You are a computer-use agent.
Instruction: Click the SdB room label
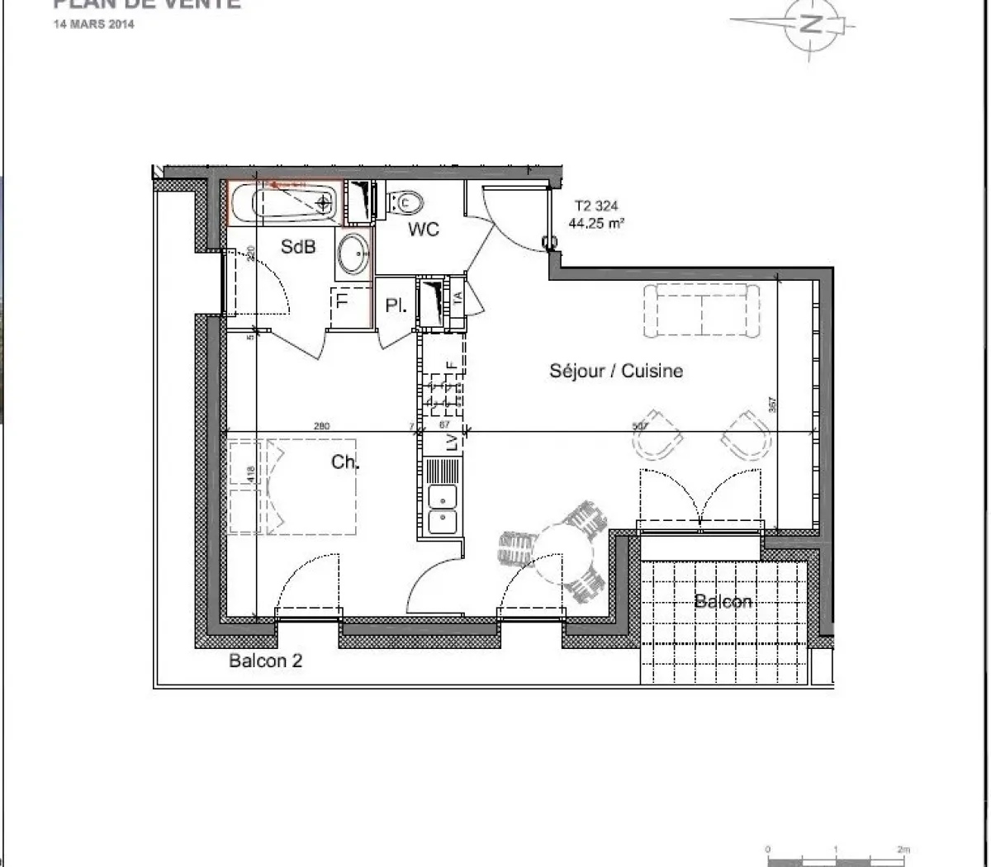[298, 246]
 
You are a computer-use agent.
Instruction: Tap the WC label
[424, 230]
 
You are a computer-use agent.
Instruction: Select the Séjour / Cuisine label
[616, 371]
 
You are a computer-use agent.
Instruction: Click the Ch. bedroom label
[345, 462]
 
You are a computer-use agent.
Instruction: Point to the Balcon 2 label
[265, 661]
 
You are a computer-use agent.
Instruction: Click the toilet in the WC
[406, 201]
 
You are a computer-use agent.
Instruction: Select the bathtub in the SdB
[283, 202]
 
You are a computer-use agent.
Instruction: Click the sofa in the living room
[701, 310]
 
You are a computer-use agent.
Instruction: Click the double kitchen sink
[443, 509]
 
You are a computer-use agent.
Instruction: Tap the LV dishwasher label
[452, 443]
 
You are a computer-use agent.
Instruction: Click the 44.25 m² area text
[595, 221]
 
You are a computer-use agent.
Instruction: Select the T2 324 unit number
[595, 206]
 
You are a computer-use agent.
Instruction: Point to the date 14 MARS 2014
[92, 24]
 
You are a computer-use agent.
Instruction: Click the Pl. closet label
[396, 306]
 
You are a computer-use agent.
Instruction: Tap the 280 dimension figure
[321, 426]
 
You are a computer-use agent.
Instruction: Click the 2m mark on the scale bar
[903, 849]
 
